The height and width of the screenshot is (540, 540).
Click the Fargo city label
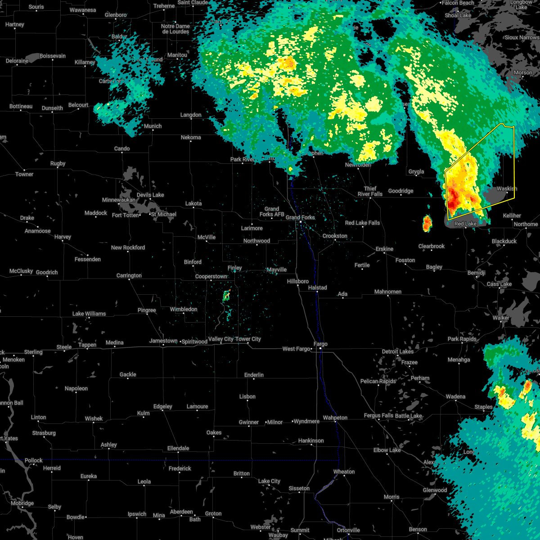[x=320, y=344]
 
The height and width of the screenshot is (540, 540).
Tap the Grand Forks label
[x=301, y=218]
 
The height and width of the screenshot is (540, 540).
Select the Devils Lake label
[x=150, y=195]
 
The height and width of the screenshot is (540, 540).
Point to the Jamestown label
[x=163, y=341]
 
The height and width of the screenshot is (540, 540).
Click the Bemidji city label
[x=476, y=273]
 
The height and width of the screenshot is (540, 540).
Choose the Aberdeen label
[x=181, y=512]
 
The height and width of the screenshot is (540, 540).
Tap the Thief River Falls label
[x=370, y=192]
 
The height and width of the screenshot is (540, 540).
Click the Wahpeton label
[x=335, y=418]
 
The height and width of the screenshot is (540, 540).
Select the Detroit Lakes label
[x=397, y=351]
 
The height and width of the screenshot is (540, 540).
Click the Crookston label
[x=335, y=236]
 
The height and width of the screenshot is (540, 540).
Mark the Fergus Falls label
[x=378, y=416]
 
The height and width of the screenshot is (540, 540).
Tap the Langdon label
[x=191, y=115]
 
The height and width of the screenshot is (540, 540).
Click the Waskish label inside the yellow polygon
[x=507, y=189]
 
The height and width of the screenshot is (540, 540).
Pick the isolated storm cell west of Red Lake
[x=427, y=223]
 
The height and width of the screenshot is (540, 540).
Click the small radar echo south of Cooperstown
[x=227, y=296]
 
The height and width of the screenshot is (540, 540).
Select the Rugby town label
[x=58, y=164]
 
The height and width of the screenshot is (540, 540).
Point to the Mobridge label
[x=22, y=504]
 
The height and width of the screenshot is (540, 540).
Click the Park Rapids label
[x=462, y=339]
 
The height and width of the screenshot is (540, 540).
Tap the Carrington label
[x=129, y=276]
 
